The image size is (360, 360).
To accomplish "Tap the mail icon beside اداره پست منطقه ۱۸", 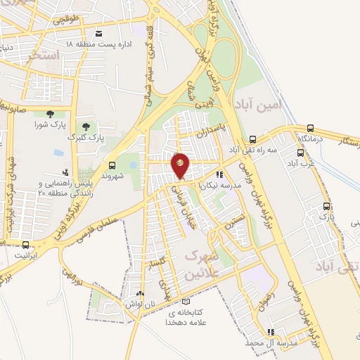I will pos(98,33).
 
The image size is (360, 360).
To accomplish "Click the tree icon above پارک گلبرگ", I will pos(86,127).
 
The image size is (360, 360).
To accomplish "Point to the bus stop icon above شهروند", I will pos(111,165).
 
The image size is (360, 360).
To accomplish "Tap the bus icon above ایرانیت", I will pos(26,245).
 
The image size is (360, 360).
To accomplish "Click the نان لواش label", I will pos(140,304).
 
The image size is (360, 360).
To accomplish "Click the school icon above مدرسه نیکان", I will pos(219,174).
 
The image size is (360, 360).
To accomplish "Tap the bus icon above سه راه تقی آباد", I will pos(252,139).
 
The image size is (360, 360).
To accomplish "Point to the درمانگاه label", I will pos(311,139).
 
